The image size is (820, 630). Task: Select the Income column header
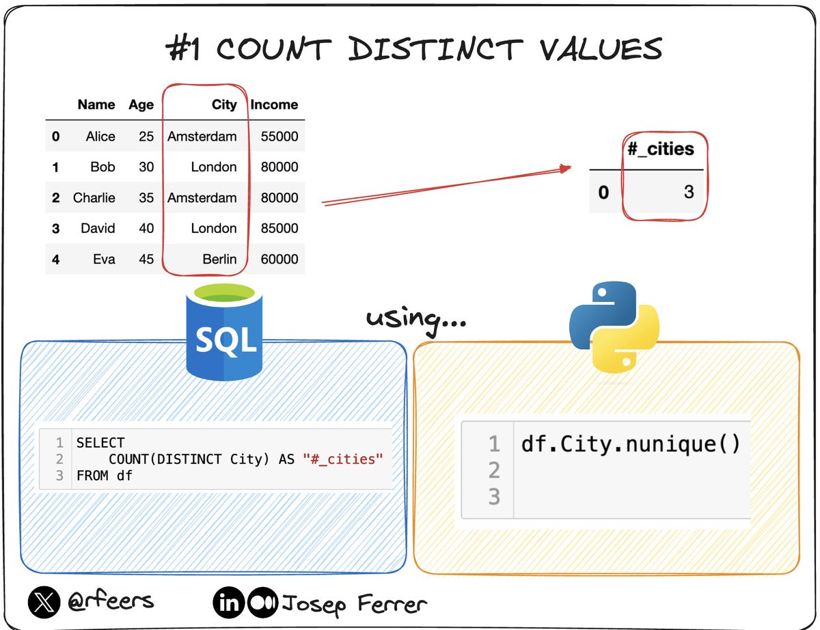[x=274, y=105]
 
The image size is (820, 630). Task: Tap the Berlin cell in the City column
[x=219, y=259]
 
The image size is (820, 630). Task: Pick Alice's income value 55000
[x=279, y=136]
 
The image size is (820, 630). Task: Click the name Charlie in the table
[x=94, y=197]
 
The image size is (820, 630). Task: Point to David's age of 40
[x=146, y=228]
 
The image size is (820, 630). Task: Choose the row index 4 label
[x=56, y=260]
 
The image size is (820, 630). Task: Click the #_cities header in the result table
[x=661, y=149]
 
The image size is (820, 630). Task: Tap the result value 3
[x=689, y=191]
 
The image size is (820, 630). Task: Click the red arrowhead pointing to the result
[x=565, y=168]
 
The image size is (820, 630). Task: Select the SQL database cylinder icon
[x=225, y=331]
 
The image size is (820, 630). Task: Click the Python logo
[x=614, y=327]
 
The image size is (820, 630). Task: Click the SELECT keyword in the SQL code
[x=100, y=443]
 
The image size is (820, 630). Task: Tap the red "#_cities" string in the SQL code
[x=342, y=459]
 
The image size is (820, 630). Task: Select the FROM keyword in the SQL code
[x=92, y=476]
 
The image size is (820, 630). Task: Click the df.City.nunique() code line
[x=630, y=444]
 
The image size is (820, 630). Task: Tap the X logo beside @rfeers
[x=44, y=602]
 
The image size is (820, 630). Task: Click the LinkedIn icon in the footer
[x=229, y=603]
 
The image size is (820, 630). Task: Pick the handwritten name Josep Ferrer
[x=355, y=604]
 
